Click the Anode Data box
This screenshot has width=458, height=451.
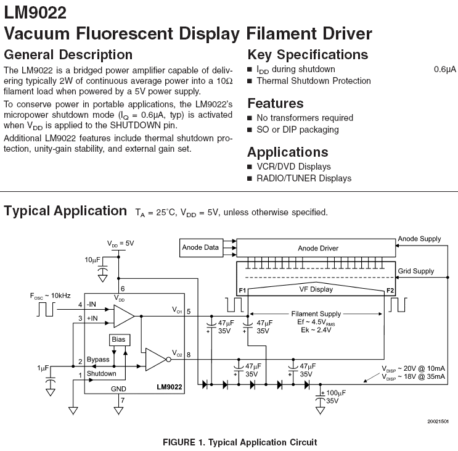(200, 248)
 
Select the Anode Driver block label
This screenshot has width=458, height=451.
(318, 249)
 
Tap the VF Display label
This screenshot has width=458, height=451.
(316, 289)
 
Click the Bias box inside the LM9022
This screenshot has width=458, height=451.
(117, 341)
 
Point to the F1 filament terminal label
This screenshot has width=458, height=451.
(242, 289)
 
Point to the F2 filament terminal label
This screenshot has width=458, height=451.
(390, 289)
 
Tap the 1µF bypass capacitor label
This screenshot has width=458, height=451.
(43, 368)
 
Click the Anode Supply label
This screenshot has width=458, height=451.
(419, 238)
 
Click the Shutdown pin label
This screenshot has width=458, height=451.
(101, 374)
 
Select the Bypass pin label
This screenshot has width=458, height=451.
(98, 359)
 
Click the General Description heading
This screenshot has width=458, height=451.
(68, 54)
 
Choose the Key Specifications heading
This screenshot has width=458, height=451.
(308, 54)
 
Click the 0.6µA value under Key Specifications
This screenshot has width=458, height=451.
(444, 69)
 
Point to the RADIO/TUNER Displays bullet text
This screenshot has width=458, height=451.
(304, 178)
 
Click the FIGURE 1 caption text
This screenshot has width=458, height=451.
(239, 442)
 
